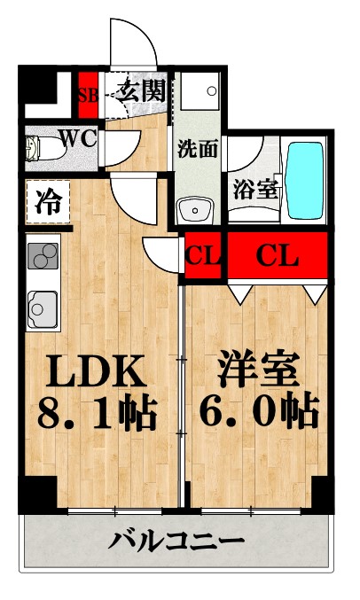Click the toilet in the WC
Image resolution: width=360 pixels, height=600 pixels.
pyautogui.click(x=36, y=149)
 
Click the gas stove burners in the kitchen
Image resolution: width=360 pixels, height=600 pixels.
pyautogui.click(x=41, y=256)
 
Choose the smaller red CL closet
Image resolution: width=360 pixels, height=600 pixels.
pyautogui.click(x=203, y=256)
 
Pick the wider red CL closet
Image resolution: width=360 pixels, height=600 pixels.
pyautogui.click(x=278, y=256)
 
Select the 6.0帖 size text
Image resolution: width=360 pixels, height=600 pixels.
pyautogui.click(x=255, y=410)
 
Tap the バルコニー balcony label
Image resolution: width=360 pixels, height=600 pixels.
pyautogui.click(x=176, y=541)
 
